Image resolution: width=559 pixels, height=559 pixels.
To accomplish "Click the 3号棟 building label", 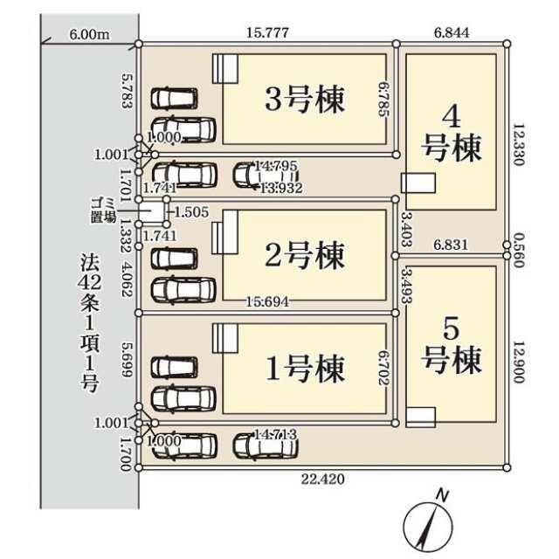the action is (x=305, y=99).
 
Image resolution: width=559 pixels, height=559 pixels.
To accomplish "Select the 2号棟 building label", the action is (x=305, y=254).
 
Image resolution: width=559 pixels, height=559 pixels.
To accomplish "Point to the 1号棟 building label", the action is (x=305, y=369).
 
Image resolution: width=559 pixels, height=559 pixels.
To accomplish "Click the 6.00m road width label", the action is (x=89, y=35).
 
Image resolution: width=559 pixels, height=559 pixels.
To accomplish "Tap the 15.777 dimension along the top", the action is (x=267, y=33).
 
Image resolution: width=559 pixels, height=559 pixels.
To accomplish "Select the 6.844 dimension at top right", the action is (x=452, y=33).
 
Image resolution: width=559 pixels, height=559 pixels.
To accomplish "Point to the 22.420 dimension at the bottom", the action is (x=323, y=479).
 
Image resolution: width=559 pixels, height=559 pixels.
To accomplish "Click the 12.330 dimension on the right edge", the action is (x=518, y=144).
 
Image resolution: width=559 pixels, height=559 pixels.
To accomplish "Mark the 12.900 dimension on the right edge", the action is (x=518, y=362).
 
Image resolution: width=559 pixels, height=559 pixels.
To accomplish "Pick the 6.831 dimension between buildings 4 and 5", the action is (x=451, y=245).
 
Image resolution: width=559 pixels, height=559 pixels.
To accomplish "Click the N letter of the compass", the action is (x=443, y=495).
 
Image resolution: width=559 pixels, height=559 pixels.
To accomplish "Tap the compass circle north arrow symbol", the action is (x=428, y=527).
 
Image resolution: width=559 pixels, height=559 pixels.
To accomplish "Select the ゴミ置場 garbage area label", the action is (x=103, y=210).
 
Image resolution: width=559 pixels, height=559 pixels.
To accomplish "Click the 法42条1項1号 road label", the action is (x=89, y=322).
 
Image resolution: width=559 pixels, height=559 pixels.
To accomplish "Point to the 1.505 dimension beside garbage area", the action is (x=192, y=212).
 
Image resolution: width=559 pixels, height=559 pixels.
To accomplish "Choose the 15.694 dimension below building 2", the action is (x=267, y=301).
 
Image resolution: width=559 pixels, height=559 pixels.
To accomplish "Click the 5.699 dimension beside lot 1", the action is (x=127, y=360).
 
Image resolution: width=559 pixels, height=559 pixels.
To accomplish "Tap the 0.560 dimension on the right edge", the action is (x=518, y=251).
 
